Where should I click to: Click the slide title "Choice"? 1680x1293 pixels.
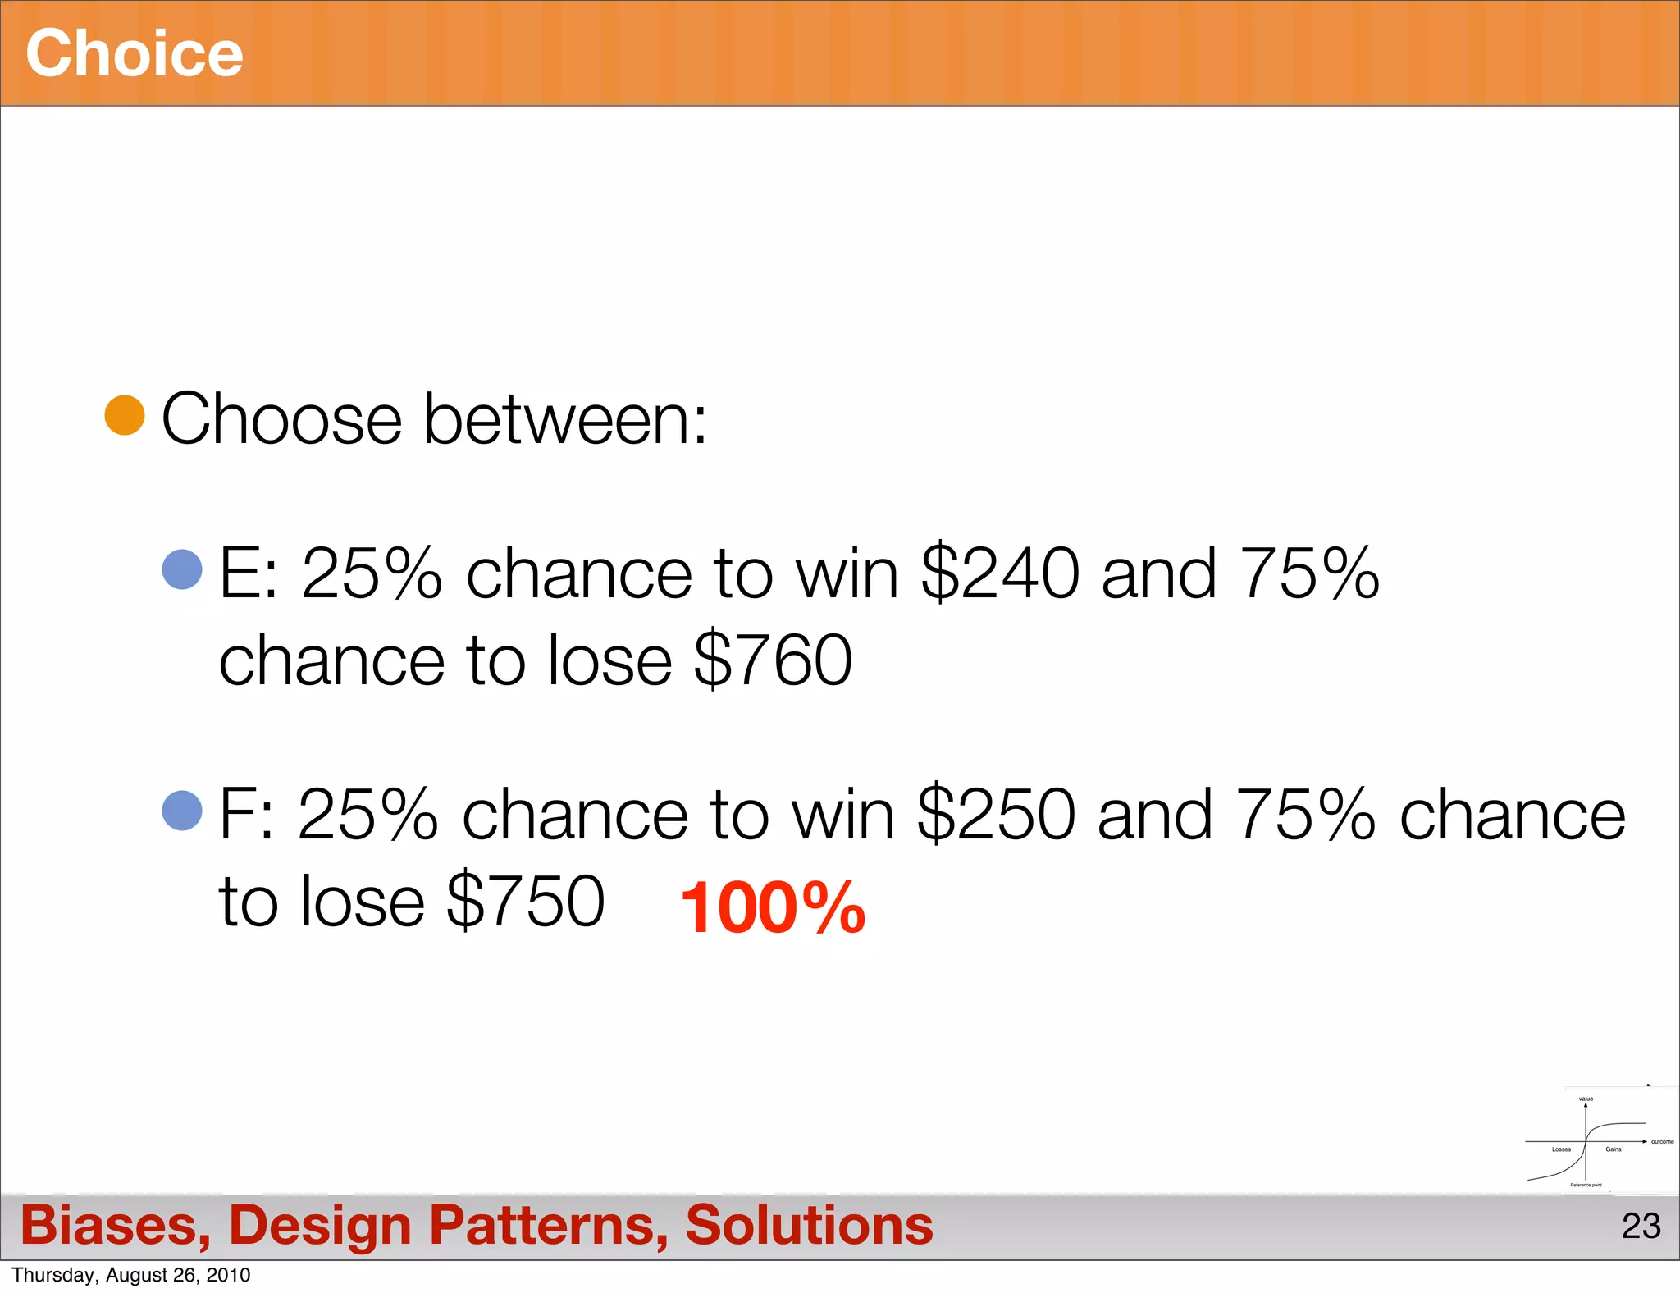pyautogui.click(x=135, y=53)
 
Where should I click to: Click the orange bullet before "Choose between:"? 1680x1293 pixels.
pyautogui.click(x=125, y=415)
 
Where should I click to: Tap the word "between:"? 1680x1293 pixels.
pyautogui.click(x=565, y=419)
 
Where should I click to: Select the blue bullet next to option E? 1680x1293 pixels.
pyautogui.click(x=182, y=569)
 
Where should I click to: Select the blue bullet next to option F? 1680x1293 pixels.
pyautogui.click(x=182, y=811)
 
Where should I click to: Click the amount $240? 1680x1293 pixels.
pyautogui.click(x=1000, y=573)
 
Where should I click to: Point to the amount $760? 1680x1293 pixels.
pyautogui.click(x=773, y=660)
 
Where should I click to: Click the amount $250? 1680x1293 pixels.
pyautogui.click(x=996, y=815)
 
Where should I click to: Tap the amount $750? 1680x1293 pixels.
pyautogui.click(x=526, y=901)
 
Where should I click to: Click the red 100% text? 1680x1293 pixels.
pyautogui.click(x=773, y=907)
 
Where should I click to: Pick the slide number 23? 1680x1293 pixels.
pyautogui.click(x=1641, y=1227)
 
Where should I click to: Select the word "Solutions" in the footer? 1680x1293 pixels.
pyautogui.click(x=809, y=1226)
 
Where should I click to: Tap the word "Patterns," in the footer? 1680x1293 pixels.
pyautogui.click(x=548, y=1226)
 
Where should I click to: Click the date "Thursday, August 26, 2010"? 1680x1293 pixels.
pyautogui.click(x=131, y=1275)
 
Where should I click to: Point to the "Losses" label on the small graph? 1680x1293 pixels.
pyautogui.click(x=1561, y=1149)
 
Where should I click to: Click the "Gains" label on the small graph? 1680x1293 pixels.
pyautogui.click(x=1613, y=1149)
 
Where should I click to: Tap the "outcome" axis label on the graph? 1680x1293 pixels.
pyautogui.click(x=1662, y=1141)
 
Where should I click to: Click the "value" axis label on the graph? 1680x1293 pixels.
pyautogui.click(x=1586, y=1099)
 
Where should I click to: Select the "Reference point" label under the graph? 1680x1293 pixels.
pyautogui.click(x=1586, y=1185)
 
